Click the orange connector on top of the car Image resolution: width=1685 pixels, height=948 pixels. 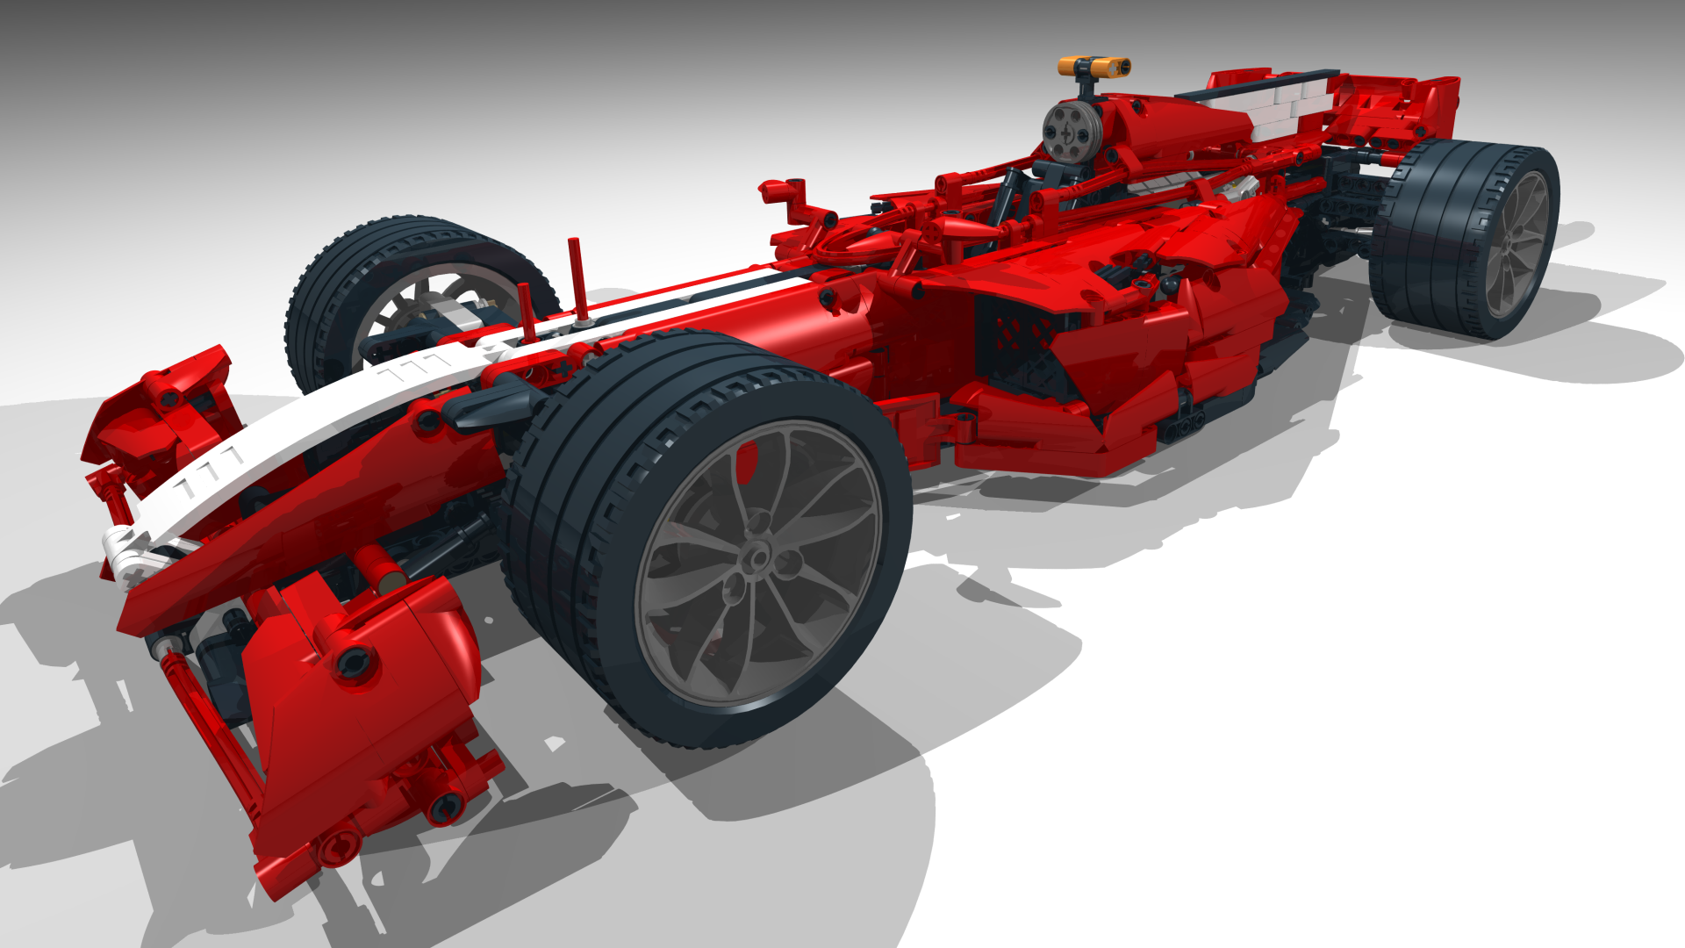coord(1093,67)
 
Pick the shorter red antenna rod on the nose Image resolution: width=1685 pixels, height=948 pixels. coord(526,312)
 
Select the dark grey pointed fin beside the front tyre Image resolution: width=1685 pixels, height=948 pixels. coord(487,406)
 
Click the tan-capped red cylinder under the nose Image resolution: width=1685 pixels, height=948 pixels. coord(380,566)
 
